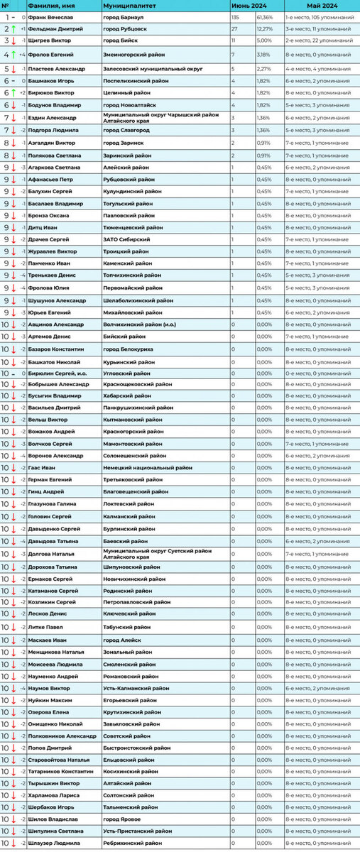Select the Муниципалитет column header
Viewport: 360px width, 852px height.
coord(128,5)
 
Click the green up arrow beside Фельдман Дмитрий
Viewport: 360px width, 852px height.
coord(13,29)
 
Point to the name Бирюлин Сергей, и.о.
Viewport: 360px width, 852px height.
coord(59,372)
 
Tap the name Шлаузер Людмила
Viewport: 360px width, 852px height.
coord(55,843)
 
